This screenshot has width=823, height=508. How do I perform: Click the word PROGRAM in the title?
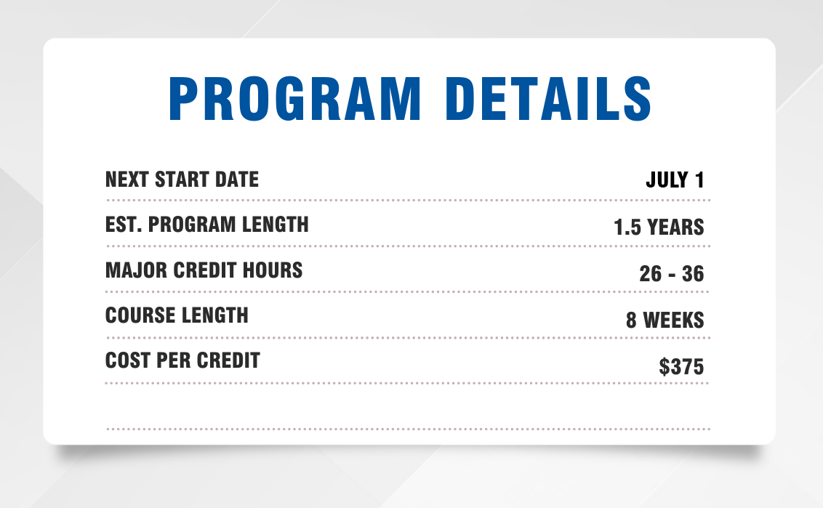[295, 99]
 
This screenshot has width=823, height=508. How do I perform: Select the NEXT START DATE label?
[182, 180]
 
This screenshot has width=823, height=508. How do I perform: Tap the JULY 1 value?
[675, 180]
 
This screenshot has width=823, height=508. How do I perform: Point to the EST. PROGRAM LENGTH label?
[206, 225]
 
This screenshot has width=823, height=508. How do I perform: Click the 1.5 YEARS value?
[659, 227]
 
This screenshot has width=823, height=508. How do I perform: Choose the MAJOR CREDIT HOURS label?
[204, 270]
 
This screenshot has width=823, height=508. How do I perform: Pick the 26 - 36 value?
[671, 273]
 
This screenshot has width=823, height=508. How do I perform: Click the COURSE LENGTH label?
[177, 315]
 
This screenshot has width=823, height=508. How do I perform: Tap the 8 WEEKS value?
[665, 320]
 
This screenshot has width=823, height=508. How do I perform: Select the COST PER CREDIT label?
[182, 360]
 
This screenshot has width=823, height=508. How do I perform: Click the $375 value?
[681, 366]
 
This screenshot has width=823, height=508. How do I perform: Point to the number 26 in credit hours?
[650, 273]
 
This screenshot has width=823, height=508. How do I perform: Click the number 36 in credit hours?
[693, 273]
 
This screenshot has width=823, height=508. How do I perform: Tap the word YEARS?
[675, 227]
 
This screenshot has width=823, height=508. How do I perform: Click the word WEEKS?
[673, 320]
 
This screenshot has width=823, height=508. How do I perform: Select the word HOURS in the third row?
[273, 270]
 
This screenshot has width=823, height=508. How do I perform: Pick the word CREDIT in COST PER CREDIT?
[228, 360]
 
